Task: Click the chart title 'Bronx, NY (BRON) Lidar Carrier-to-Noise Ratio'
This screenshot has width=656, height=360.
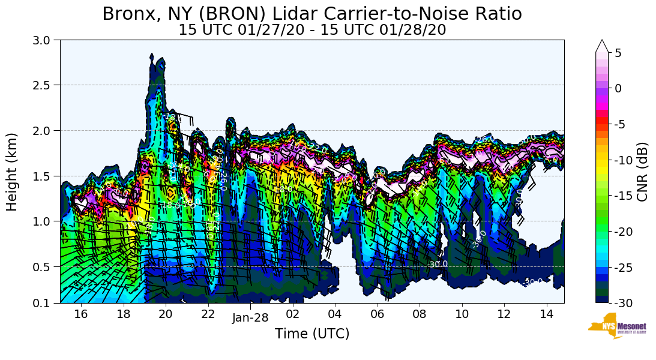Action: (x=312, y=13)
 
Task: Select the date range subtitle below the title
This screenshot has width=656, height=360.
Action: (x=312, y=30)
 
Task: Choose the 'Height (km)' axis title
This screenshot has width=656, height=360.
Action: (x=12, y=172)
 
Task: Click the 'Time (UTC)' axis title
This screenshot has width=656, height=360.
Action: (x=312, y=334)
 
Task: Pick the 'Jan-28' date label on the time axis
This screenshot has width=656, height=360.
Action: (x=250, y=317)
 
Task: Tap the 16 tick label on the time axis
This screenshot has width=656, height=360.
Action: (x=81, y=314)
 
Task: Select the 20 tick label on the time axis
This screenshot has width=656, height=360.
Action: (x=166, y=314)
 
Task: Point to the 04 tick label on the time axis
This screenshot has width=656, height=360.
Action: (x=335, y=314)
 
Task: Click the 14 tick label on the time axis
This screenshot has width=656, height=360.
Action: (x=546, y=314)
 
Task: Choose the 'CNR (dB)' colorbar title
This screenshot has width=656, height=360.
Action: (x=642, y=172)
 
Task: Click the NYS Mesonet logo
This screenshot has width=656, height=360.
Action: (x=617, y=326)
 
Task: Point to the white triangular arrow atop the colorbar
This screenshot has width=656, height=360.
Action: (x=602, y=46)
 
